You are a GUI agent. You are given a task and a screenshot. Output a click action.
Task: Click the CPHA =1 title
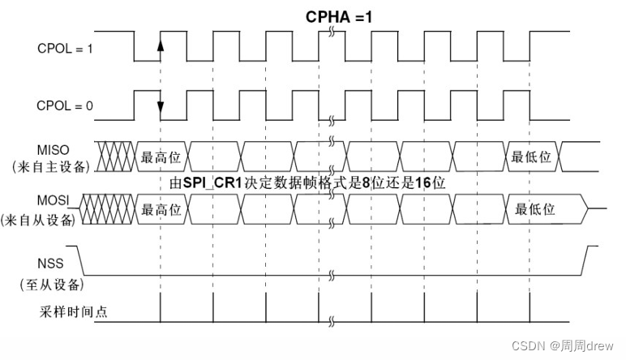click(x=337, y=15)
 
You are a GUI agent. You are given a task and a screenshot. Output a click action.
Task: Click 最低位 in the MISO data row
click(x=531, y=156)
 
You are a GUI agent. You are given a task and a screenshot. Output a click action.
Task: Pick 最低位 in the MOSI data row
click(x=535, y=209)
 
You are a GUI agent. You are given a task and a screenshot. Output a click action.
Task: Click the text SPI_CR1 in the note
click(x=213, y=183)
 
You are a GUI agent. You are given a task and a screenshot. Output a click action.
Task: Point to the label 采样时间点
click(x=73, y=312)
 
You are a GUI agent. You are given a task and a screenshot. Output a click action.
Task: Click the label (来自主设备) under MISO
click(x=49, y=167)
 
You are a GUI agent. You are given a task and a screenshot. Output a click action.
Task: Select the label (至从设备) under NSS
click(x=52, y=285)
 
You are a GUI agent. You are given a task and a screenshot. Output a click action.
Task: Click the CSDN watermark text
click(x=528, y=345)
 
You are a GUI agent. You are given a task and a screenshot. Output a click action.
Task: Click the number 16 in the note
click(x=422, y=183)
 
